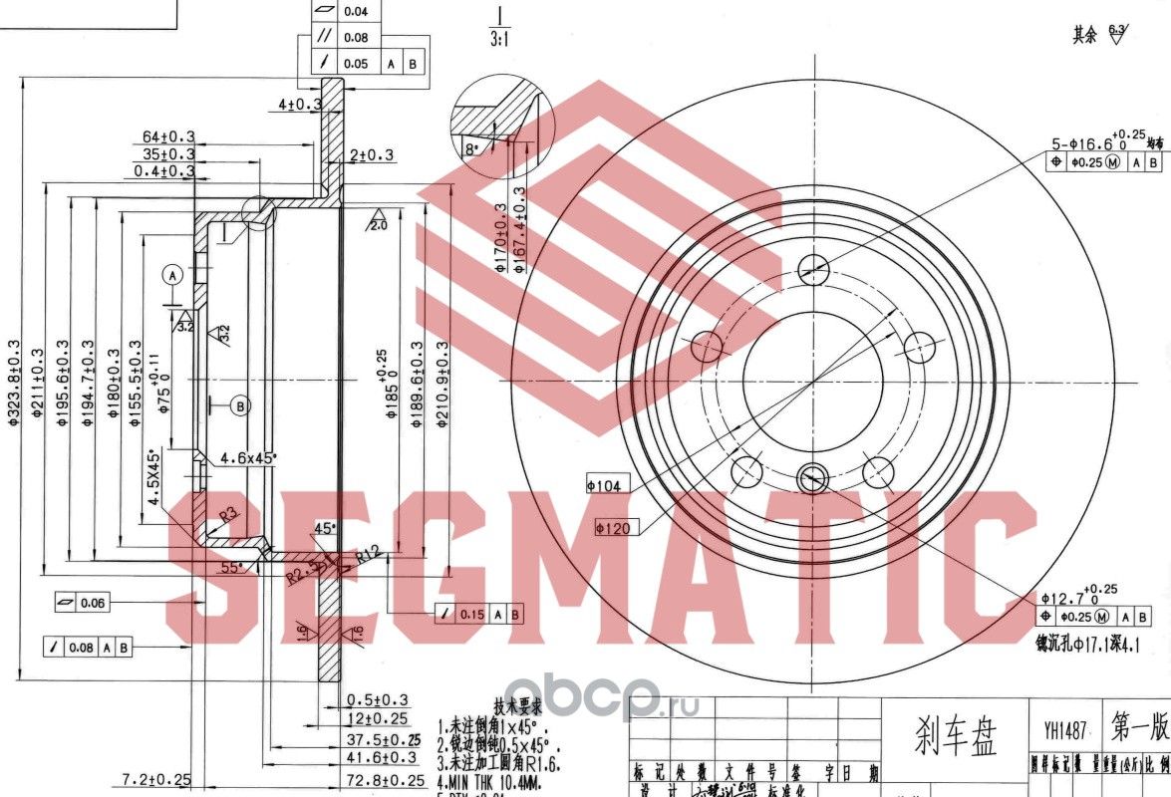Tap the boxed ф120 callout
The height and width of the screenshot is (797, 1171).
pyautogui.click(x=614, y=528)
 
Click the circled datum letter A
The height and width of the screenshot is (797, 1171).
pyautogui.click(x=172, y=273)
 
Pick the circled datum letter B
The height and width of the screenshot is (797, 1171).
pyautogui.click(x=240, y=404)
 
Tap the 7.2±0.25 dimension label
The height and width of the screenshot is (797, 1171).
pyautogui.click(x=155, y=778)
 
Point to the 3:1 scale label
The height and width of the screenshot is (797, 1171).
pyautogui.click(x=499, y=40)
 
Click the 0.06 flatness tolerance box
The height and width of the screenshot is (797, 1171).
pyautogui.click(x=83, y=603)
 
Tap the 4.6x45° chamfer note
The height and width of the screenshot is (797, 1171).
pyautogui.click(x=248, y=458)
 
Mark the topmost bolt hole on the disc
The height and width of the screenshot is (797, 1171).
pyautogui.click(x=814, y=266)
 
